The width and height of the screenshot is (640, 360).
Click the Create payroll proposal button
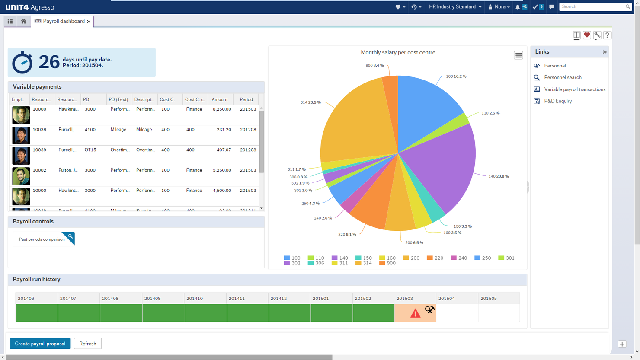pos(40,344)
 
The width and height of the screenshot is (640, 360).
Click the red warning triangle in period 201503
pos(415,313)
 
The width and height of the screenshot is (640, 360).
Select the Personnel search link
pos(563,77)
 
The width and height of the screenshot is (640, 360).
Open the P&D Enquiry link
pos(558,101)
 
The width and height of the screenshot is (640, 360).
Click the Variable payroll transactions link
pos(575,89)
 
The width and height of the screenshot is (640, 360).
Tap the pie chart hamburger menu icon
pos(518,55)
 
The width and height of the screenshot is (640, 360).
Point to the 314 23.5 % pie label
pos(310,102)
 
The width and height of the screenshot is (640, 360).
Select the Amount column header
pos(220,99)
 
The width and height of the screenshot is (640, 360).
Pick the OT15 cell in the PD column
pos(90,150)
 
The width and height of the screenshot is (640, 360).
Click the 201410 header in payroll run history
pos(195,299)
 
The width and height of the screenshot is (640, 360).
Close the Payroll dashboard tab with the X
pos(89,22)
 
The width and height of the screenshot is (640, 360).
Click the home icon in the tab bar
pos(24,21)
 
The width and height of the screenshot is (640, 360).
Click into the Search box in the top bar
pos(592,7)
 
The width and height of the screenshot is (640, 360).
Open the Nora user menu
pos(499,7)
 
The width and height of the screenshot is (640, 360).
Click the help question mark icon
pos(607,35)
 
